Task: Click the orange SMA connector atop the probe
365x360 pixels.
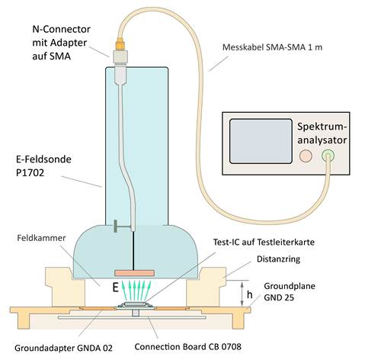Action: [120, 43]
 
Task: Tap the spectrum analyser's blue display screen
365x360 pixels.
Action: [261, 141]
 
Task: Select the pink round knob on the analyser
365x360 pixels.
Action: [306, 156]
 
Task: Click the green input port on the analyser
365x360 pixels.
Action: [328, 156]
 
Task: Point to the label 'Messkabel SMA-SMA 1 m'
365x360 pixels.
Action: [272, 47]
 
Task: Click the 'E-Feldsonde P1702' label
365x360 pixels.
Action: [43, 166]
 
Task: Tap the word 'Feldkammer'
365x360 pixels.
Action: [41, 238]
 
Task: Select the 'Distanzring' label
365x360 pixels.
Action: [278, 259]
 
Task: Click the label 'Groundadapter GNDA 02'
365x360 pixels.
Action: [63, 348]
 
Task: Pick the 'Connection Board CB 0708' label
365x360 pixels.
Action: [188, 346]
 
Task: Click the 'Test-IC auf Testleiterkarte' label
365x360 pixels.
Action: [264, 242]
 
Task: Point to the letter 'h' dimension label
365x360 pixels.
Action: [250, 294]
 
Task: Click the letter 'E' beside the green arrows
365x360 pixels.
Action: [116, 288]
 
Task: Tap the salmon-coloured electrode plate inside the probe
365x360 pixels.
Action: [134, 273]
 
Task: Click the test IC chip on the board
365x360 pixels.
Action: [135, 304]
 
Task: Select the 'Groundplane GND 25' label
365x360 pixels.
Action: [290, 291]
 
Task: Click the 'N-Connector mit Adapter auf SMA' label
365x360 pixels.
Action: [61, 43]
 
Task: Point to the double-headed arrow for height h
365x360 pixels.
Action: [242, 294]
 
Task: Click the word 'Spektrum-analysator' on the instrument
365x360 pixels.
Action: [322, 133]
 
